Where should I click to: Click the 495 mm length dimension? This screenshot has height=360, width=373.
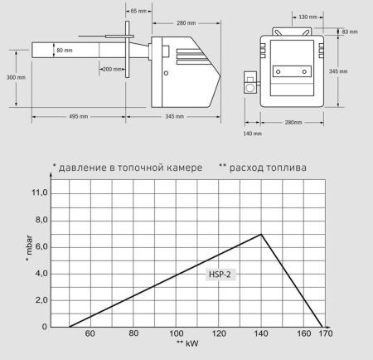[x=77, y=115]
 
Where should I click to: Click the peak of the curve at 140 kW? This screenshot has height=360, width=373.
[x=262, y=234]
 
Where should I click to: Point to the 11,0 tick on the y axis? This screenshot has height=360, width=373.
[x=40, y=192]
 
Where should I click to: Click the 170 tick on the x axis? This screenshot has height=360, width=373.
[x=323, y=335]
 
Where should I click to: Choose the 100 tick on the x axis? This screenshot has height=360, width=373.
[x=177, y=335]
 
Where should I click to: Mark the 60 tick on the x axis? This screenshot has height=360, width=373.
[x=90, y=335]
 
